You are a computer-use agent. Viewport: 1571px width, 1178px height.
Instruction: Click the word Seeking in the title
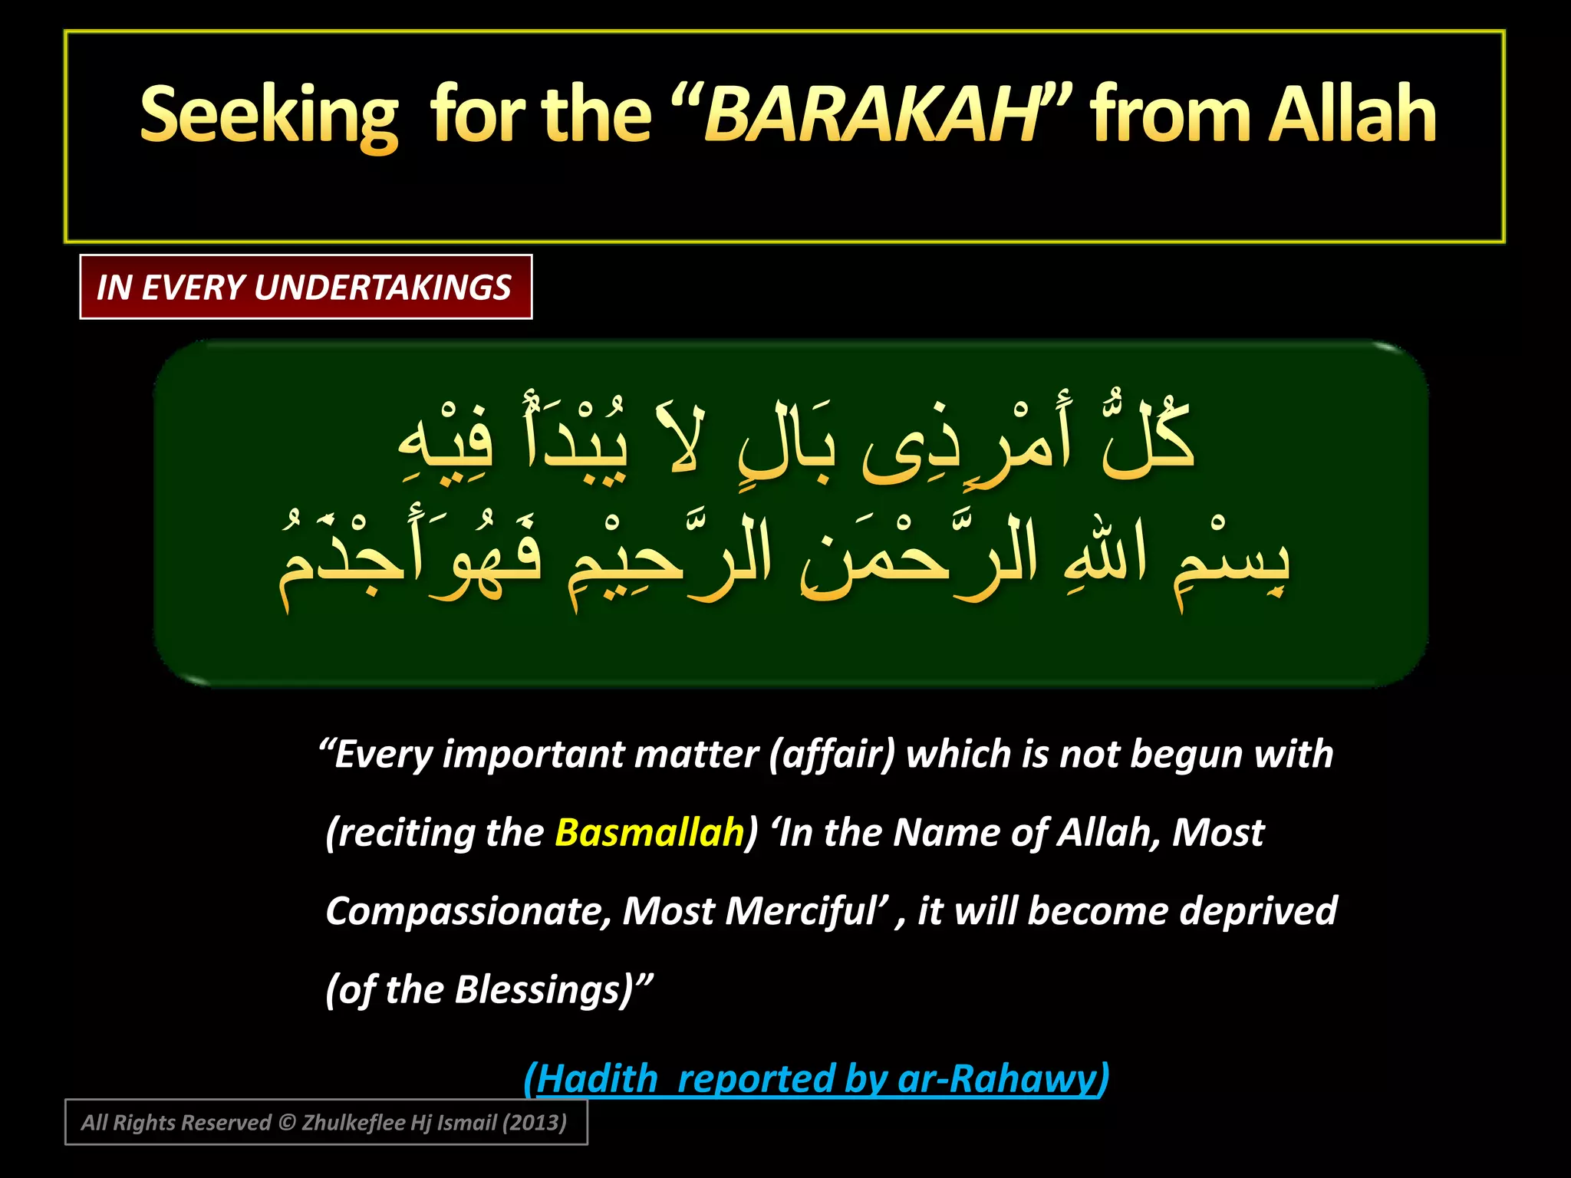[x=268, y=115]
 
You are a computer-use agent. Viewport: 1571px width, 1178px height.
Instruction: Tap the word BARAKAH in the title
[x=871, y=115]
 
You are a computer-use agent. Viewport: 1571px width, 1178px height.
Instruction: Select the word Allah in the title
[x=1353, y=115]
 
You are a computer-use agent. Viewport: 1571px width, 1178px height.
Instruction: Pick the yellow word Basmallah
[x=649, y=833]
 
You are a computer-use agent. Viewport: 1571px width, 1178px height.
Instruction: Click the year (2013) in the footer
[x=534, y=1123]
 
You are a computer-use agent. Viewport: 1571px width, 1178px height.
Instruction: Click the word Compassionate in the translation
[x=468, y=912]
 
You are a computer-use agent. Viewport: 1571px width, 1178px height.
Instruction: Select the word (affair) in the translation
[x=832, y=755]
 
